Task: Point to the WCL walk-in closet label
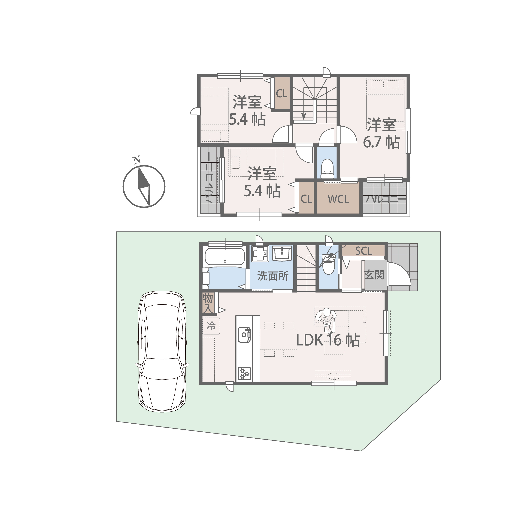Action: point(338,199)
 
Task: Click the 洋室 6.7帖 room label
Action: point(382,133)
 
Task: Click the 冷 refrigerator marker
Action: point(211,326)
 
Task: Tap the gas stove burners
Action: point(244,374)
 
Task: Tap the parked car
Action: point(162,352)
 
